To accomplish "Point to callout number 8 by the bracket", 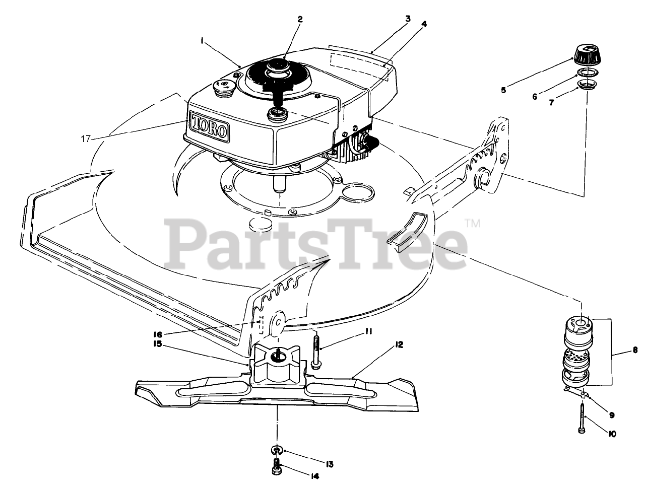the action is (x=635, y=349).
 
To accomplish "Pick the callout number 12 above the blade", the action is (x=399, y=345).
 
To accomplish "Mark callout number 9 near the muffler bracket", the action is (x=611, y=415).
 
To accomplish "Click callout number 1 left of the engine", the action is (x=202, y=43).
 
